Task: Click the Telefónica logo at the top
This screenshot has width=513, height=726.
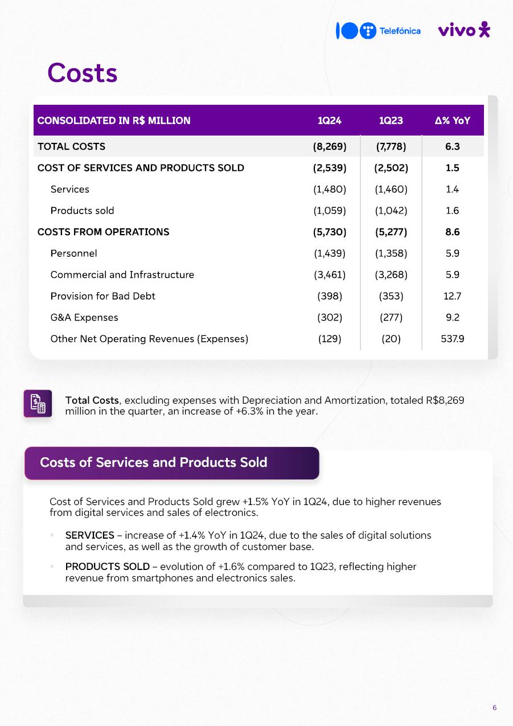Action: [378, 31]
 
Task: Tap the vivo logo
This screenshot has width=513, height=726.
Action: [464, 30]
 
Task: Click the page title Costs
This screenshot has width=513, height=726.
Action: [83, 73]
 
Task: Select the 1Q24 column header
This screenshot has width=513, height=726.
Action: [330, 121]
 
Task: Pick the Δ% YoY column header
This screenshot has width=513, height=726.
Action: [452, 121]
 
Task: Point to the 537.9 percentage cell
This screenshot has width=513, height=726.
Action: [453, 339]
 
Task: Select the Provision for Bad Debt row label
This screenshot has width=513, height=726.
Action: [102, 296]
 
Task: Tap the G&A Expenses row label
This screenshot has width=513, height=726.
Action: [84, 317]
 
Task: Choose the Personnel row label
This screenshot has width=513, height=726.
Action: [73, 253]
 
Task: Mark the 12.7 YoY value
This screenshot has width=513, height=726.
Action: [453, 296]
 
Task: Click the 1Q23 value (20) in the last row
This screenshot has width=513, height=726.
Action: [391, 339]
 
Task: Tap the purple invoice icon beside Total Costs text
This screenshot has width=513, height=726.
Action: [38, 403]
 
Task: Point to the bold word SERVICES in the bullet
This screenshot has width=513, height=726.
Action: [90, 535]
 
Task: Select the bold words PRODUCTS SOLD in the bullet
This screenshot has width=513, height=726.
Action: [107, 567]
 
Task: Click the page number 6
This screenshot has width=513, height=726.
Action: [494, 708]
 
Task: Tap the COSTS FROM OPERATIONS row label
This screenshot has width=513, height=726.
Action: [103, 232]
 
